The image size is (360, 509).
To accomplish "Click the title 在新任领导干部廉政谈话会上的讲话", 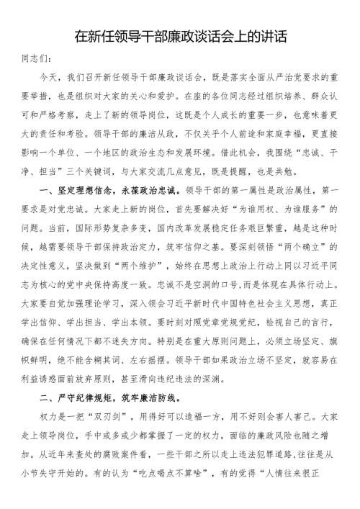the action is pos(180,36).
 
